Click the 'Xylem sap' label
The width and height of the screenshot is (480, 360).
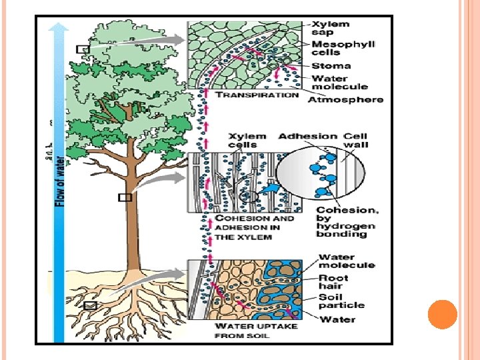tap(331, 29)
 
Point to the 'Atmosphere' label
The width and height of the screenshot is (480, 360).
tap(345, 99)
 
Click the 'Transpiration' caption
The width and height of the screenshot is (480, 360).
tap(259, 95)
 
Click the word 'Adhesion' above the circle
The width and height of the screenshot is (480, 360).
tap(307, 136)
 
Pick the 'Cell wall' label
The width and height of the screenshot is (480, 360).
tap(355, 140)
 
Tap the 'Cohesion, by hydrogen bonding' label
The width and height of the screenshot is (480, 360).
tap(347, 222)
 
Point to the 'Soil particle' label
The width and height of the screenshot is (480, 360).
tap(341, 301)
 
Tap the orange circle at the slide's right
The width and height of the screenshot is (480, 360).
tap(441, 315)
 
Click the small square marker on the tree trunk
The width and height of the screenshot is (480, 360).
tap(124, 197)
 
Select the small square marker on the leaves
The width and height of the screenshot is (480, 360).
tap(82, 49)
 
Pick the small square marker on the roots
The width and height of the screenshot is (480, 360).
tap(91, 305)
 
